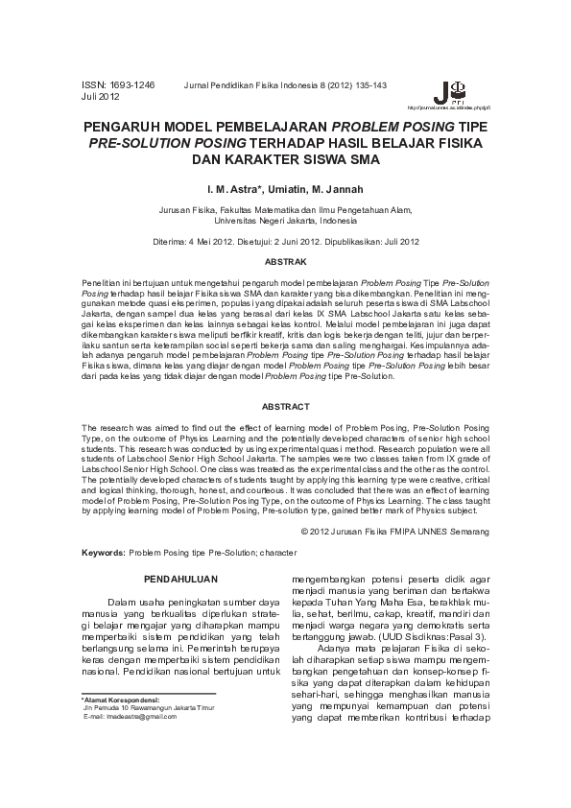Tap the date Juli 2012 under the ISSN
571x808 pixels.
click(101, 97)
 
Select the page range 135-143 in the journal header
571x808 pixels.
click(370, 85)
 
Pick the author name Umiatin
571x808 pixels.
click(293, 190)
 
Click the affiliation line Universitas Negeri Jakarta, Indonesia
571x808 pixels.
click(286, 220)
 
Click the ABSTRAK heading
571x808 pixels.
click(285, 261)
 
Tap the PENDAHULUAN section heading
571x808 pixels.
click(181, 579)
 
